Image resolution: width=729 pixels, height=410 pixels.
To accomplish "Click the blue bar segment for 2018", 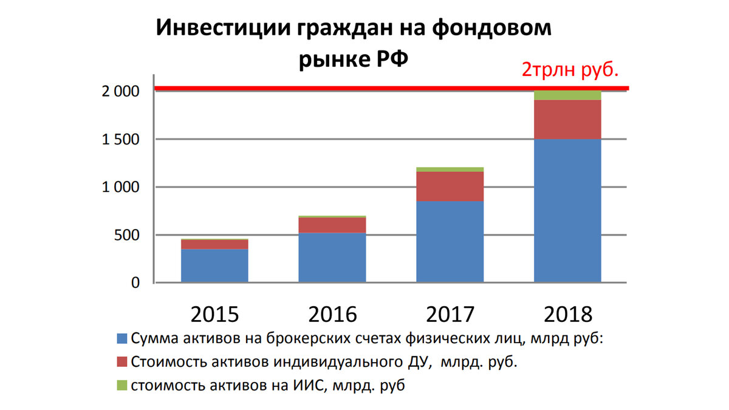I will click(567, 210).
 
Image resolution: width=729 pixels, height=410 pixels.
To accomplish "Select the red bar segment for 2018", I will click(567, 120).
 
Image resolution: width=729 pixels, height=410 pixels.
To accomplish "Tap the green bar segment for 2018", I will click(567, 96).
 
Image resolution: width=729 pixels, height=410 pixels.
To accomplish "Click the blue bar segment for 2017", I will click(450, 241).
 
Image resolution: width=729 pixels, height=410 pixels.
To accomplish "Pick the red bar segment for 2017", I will click(450, 186).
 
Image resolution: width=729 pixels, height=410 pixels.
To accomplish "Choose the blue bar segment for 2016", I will click(332, 258).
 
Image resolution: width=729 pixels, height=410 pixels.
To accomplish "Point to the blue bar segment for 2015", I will click(214, 265).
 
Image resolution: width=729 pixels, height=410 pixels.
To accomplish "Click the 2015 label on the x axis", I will click(214, 314).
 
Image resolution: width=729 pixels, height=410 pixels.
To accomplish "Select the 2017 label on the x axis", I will click(450, 314).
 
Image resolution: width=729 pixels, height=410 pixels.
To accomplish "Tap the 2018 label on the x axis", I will click(568, 314).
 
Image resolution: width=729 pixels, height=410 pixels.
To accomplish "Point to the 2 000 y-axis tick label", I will click(120, 92).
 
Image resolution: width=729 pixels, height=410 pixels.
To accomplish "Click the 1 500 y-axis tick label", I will click(120, 140).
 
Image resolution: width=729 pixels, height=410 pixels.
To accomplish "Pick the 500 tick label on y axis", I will click(127, 235).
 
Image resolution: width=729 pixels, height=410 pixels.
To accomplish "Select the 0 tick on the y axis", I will click(135, 283).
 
